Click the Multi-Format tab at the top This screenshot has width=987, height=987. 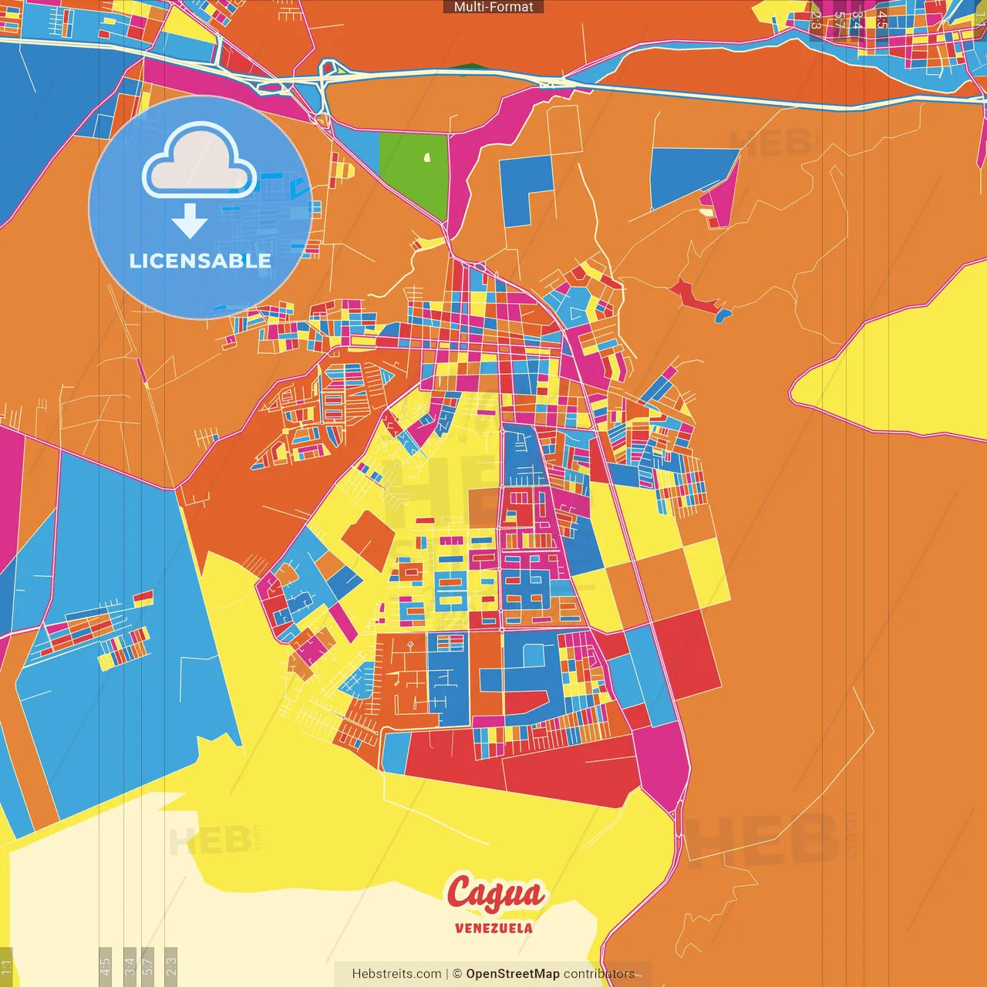493,7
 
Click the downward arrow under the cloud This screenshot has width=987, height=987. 190,222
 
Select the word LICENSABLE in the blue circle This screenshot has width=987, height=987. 200,261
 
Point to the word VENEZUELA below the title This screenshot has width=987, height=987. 493,928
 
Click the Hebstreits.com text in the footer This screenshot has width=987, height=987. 396,974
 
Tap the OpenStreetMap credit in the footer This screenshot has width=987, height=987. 513,974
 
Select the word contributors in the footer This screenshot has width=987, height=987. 599,974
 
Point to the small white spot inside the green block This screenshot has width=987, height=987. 426,158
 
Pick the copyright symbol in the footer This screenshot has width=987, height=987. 457,974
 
